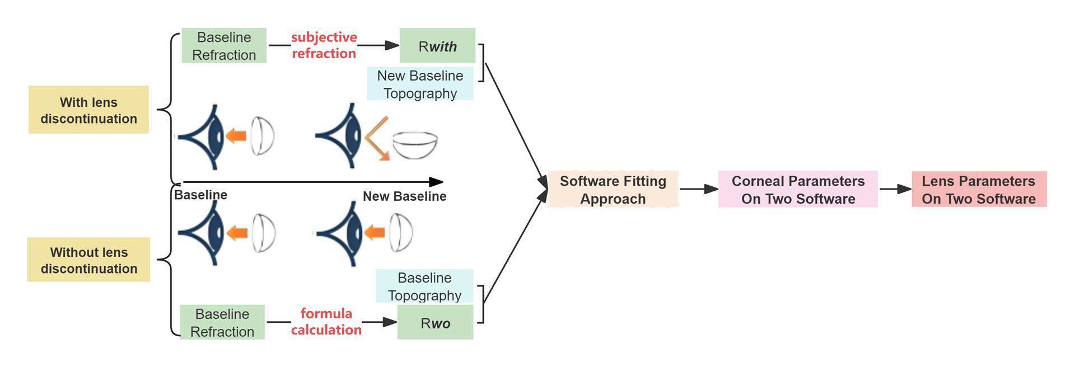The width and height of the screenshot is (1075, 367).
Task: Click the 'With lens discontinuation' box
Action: tap(88, 110)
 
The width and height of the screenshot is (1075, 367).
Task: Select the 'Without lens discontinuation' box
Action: tap(88, 260)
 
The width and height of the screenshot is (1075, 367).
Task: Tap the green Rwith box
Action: tap(437, 46)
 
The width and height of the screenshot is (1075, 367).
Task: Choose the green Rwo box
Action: tap(435, 323)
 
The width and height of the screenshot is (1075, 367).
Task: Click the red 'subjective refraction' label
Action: tap(324, 45)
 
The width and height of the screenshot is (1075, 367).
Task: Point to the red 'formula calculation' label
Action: tap(326, 322)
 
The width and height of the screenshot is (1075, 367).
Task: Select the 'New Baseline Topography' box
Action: tap(420, 84)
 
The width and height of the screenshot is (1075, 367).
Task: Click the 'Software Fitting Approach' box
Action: tap(613, 190)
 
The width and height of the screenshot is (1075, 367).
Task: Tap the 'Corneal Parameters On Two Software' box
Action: tap(798, 190)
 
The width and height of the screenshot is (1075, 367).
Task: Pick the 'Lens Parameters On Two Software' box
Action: tap(979, 190)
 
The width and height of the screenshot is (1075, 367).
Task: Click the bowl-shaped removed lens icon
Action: tap(415, 145)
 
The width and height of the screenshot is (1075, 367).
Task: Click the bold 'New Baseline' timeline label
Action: tap(404, 196)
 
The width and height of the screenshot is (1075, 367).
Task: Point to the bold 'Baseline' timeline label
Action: tap(200, 195)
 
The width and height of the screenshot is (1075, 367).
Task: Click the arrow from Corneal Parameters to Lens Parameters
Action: tap(895, 189)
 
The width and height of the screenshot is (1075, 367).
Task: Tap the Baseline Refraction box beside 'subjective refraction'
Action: tap(224, 46)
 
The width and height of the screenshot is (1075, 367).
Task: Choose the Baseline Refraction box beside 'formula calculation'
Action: tap(222, 322)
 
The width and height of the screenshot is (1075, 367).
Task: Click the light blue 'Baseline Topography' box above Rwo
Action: tap(424, 286)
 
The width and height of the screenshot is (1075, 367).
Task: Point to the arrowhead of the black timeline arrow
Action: tap(437, 182)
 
